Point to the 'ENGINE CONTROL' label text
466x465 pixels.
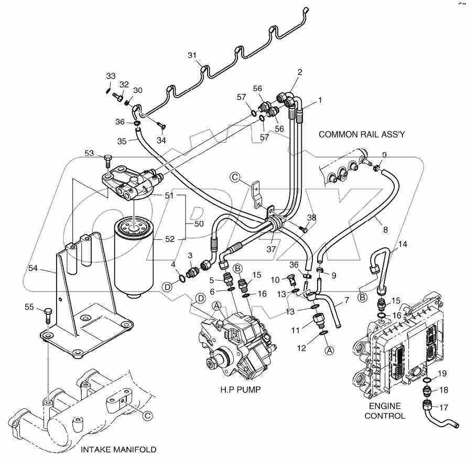(385, 410)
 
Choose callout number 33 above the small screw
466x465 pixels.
(110, 76)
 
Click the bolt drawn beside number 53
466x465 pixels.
(109, 159)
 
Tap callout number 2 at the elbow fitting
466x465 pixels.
(300, 72)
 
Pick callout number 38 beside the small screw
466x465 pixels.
(311, 217)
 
